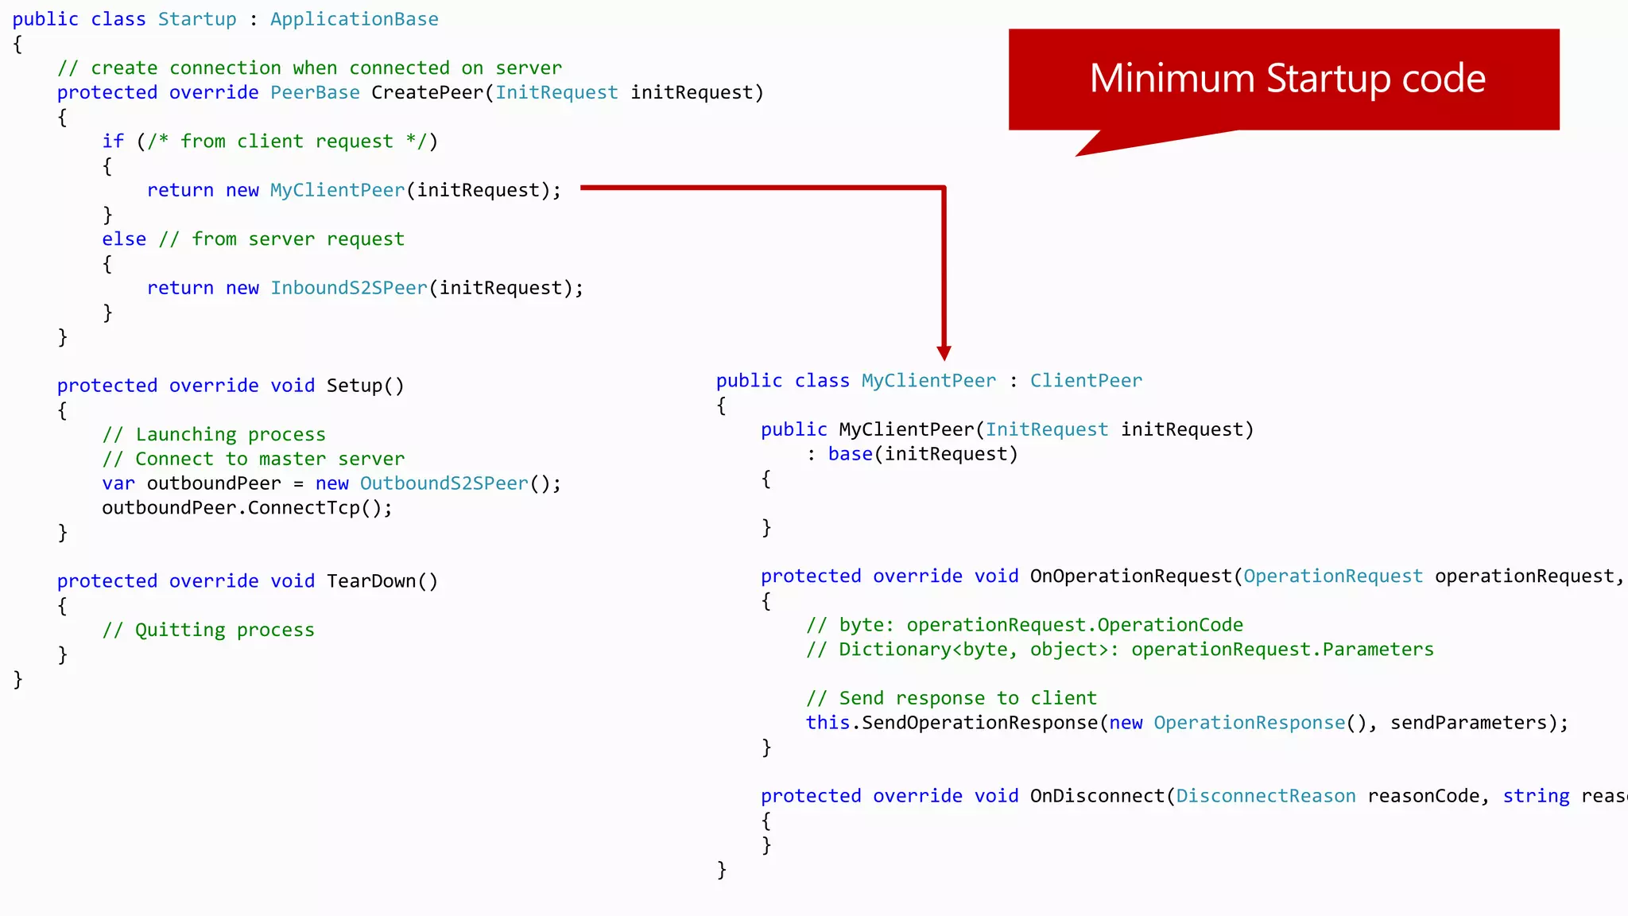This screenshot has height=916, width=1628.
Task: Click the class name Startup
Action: click(x=197, y=19)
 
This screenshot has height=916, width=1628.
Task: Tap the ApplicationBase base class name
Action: click(x=354, y=19)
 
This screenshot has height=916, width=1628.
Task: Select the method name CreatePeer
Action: click(x=428, y=93)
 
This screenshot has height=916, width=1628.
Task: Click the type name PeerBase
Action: click(x=315, y=93)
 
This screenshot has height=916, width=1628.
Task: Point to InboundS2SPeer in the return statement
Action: click(x=349, y=288)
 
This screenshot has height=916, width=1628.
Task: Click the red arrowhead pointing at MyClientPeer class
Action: click(x=944, y=353)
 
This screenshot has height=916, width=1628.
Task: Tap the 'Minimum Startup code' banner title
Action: click(x=1287, y=78)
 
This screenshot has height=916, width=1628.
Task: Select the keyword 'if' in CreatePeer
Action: click(x=113, y=142)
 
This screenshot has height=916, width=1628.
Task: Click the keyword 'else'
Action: click(x=124, y=239)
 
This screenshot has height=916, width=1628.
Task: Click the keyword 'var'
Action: click(x=118, y=483)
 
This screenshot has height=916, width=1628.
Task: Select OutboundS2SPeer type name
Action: click(x=444, y=483)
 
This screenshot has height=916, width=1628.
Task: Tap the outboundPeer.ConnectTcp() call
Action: click(x=246, y=508)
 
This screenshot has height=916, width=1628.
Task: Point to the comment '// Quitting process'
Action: click(x=208, y=630)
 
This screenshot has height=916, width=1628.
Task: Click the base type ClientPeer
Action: click(x=1086, y=381)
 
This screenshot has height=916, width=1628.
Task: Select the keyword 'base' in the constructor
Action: click(x=851, y=454)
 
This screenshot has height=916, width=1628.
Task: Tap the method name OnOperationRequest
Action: click(x=1130, y=576)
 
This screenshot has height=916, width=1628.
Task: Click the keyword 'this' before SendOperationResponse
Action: click(x=828, y=723)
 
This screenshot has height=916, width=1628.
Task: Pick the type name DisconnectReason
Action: click(x=1266, y=796)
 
